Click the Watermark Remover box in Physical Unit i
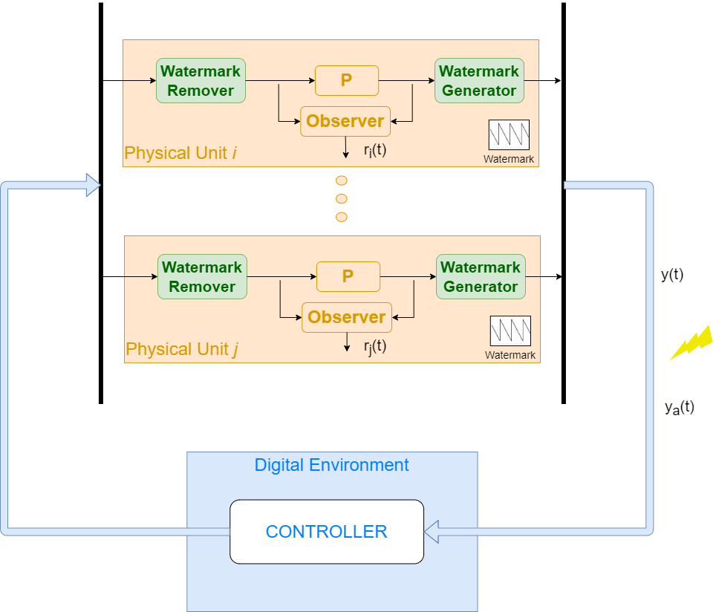click(x=201, y=81)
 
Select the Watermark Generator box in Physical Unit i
click(x=479, y=81)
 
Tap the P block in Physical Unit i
click(x=347, y=80)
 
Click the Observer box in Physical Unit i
click(x=345, y=121)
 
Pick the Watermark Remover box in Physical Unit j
click(x=202, y=277)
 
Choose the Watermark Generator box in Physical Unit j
click(x=481, y=277)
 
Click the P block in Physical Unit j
click(x=348, y=276)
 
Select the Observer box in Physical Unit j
click(x=347, y=317)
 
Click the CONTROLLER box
click(x=327, y=532)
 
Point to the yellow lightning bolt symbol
click(x=691, y=342)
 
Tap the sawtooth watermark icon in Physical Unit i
click(x=509, y=134)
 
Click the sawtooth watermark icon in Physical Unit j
click(x=510, y=331)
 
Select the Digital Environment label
click(x=331, y=466)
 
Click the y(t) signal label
click(x=672, y=275)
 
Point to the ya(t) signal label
click(x=680, y=407)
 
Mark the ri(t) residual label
click(x=374, y=150)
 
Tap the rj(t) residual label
click(x=374, y=346)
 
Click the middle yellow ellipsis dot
click(x=342, y=199)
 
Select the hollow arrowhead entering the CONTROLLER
click(x=434, y=532)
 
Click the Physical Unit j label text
click(x=182, y=349)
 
